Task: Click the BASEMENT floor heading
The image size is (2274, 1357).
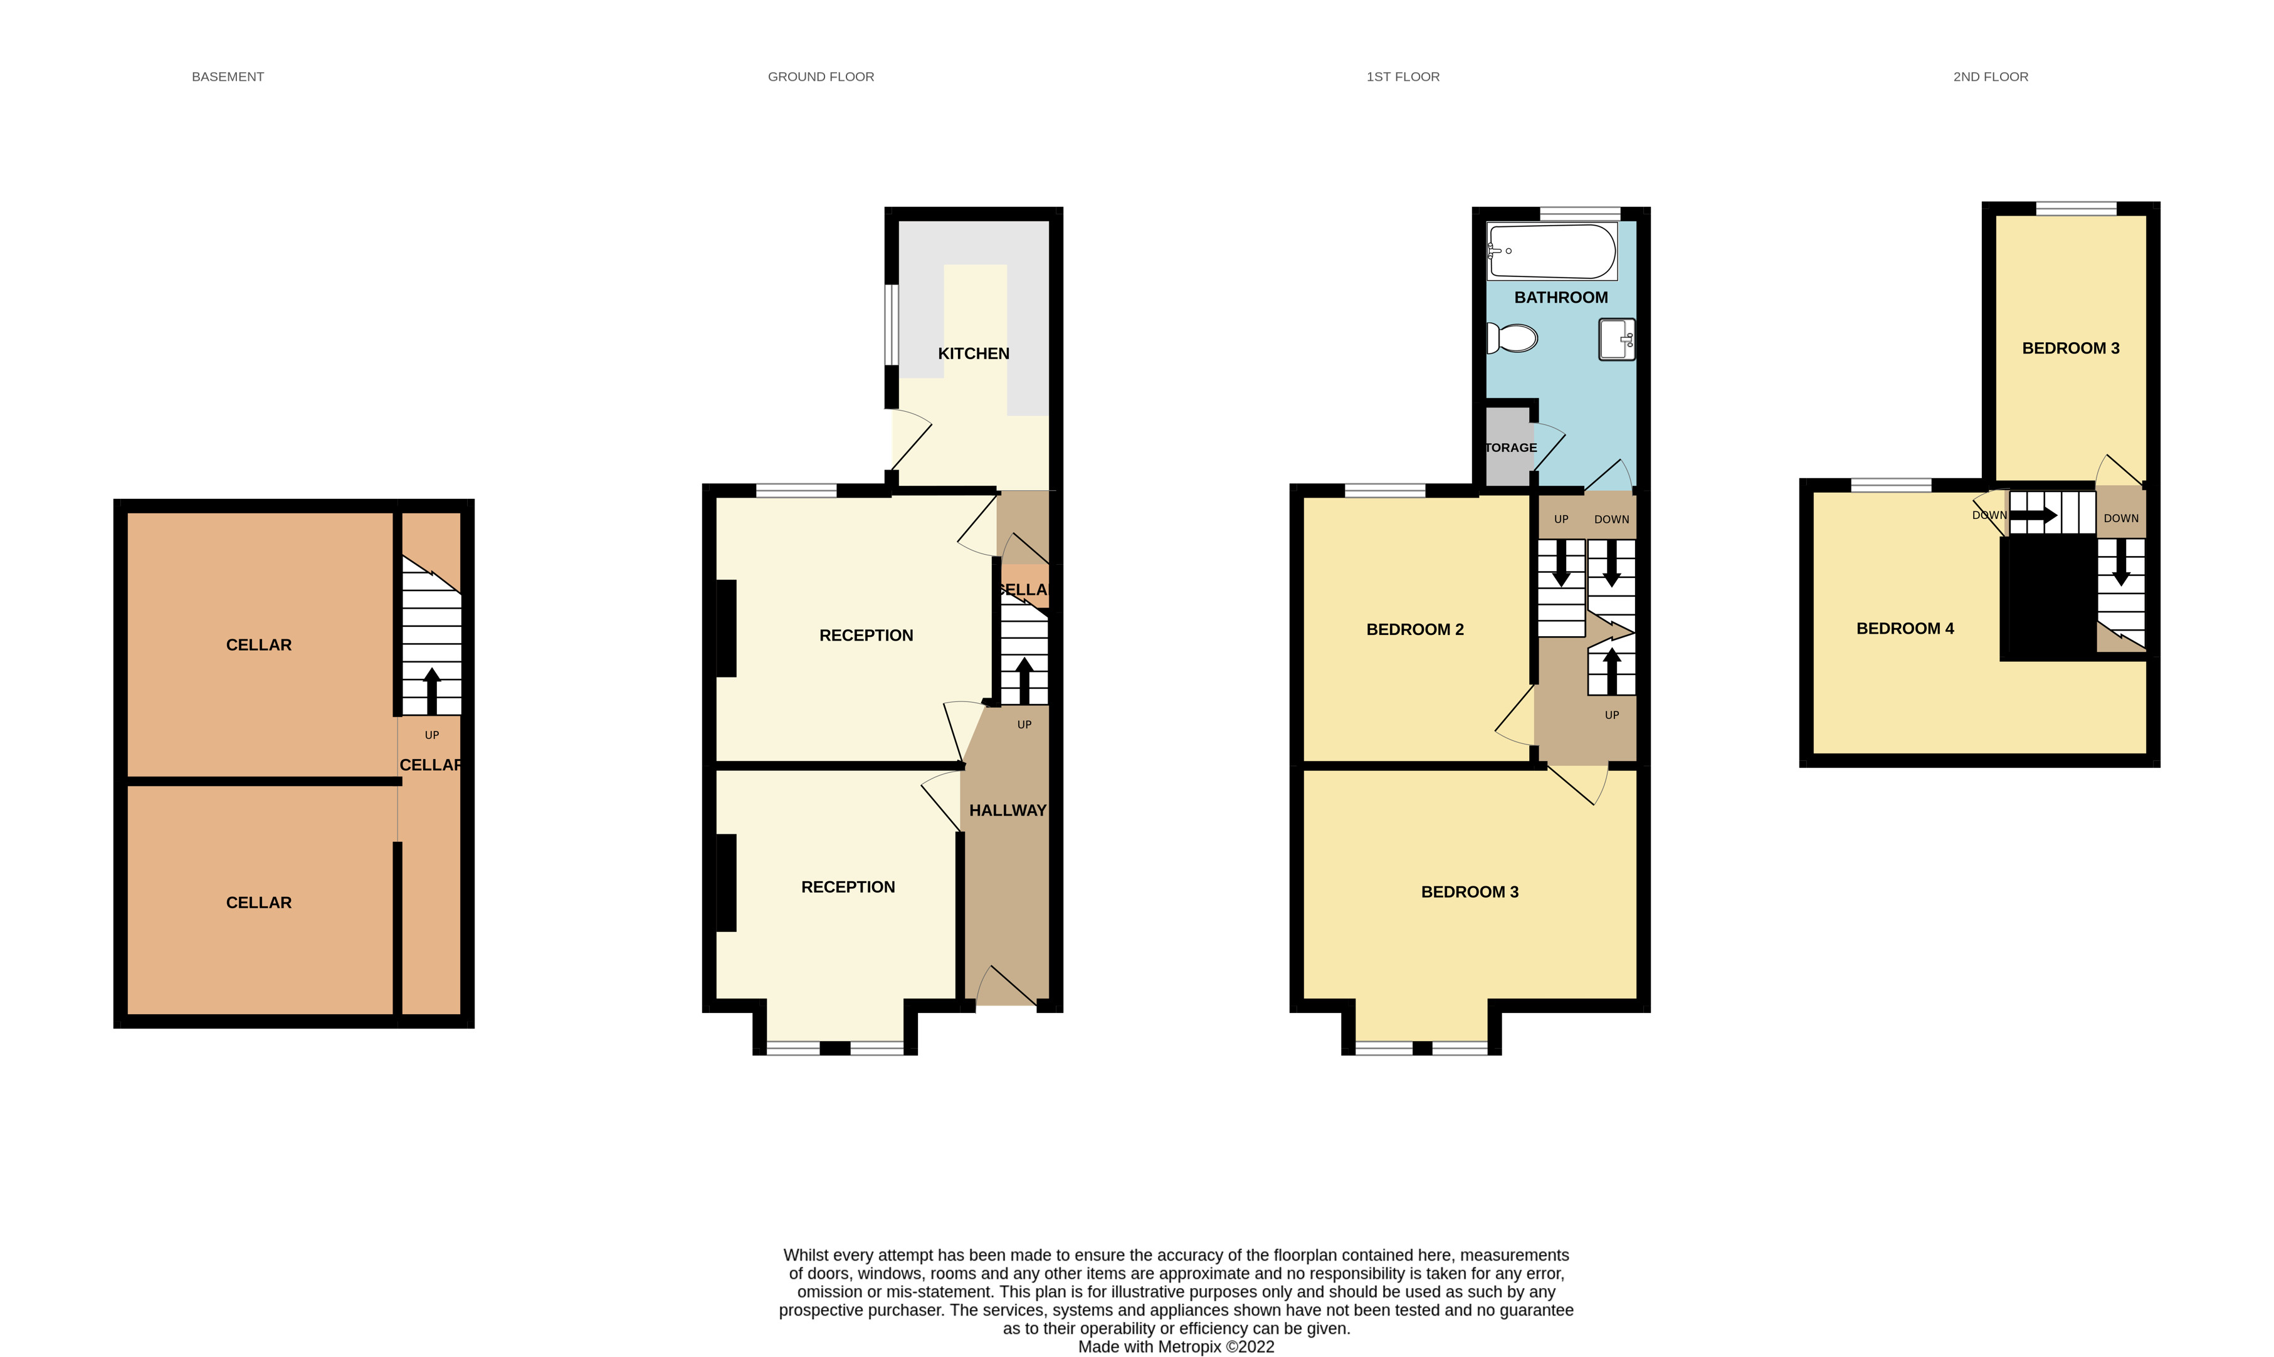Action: click(x=228, y=77)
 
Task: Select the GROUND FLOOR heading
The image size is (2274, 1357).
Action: click(x=821, y=77)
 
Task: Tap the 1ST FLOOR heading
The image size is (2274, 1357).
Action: click(x=1403, y=77)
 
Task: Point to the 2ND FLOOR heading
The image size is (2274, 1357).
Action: click(x=1991, y=77)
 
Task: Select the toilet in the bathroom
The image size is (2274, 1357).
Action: click(x=1512, y=338)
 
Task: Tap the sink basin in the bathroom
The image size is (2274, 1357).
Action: click(x=1616, y=339)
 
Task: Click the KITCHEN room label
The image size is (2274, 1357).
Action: click(x=973, y=354)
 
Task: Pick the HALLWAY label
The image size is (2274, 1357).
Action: click(x=1007, y=810)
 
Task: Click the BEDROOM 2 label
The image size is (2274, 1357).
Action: click(x=1414, y=629)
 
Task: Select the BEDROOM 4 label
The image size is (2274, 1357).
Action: click(x=1905, y=628)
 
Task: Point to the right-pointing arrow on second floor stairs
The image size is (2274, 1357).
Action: click(x=2033, y=516)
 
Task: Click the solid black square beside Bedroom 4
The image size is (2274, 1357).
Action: click(x=2046, y=599)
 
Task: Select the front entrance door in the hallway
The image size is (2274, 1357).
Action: click(x=1006, y=988)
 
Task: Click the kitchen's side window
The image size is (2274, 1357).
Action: click(x=890, y=325)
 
